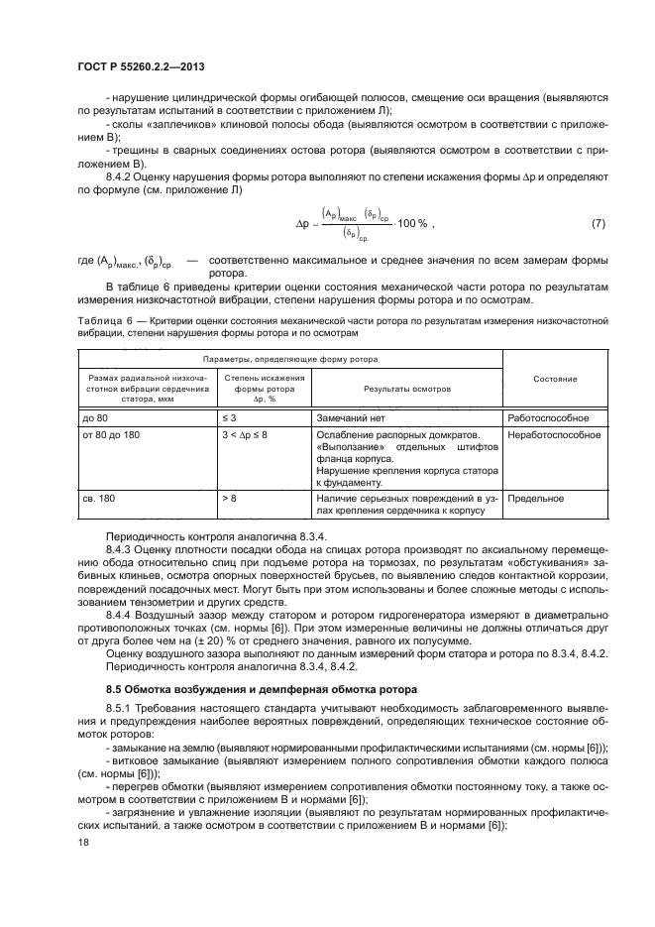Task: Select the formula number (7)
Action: coord(598,224)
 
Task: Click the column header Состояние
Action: coord(555,380)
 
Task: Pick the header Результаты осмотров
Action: coord(406,391)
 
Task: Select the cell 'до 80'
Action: coord(95,417)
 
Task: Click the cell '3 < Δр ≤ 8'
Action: coord(246,435)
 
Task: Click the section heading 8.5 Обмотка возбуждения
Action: coord(232,688)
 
